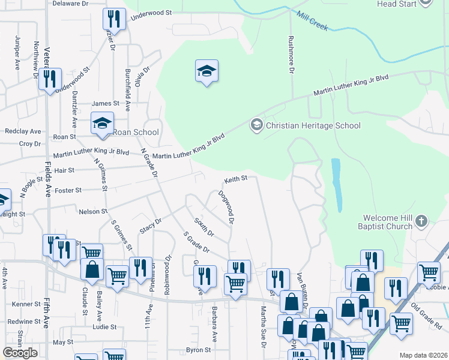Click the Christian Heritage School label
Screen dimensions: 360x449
[x=313, y=125]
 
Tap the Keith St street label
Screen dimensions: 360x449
[x=236, y=179]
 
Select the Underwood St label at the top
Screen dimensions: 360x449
[x=151, y=13]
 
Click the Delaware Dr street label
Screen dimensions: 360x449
[x=70, y=4]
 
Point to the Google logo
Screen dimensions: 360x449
[x=20, y=353]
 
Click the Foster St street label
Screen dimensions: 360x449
[x=68, y=190]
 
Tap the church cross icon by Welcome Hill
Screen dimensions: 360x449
[x=421, y=220]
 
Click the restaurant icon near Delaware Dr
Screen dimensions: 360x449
[x=113, y=19]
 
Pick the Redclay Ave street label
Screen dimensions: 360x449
[x=23, y=131]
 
